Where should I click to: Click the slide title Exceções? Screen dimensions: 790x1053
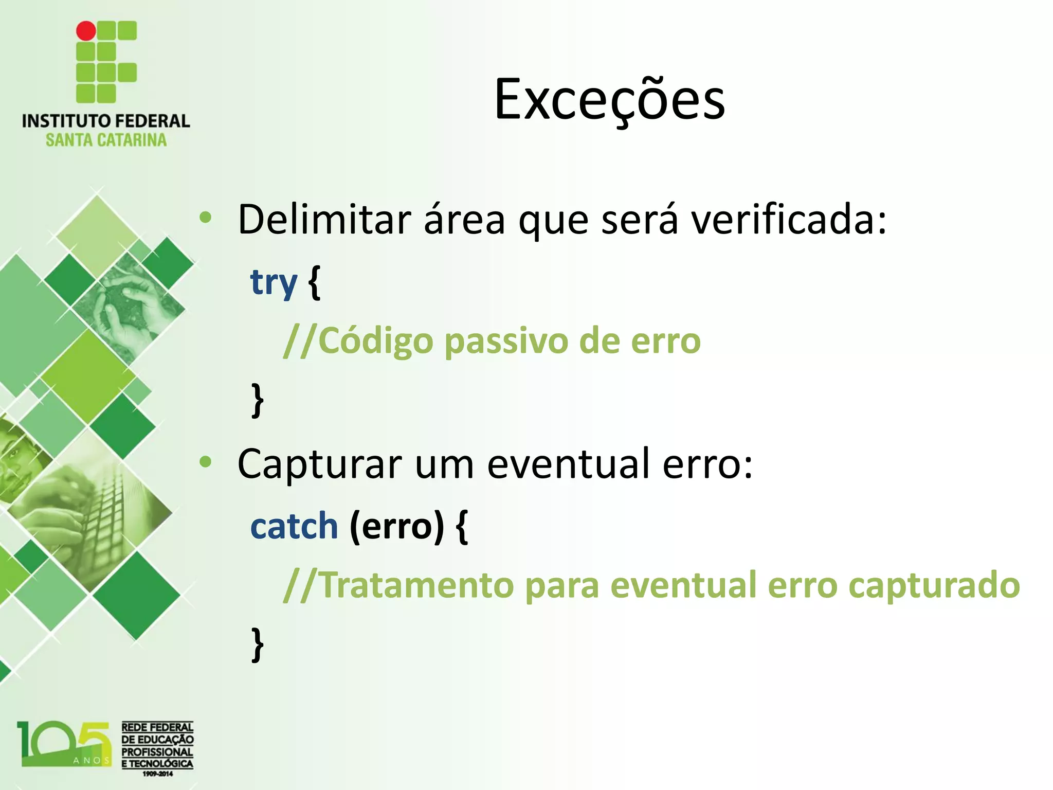click(609, 99)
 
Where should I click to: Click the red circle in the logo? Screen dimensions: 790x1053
click(86, 31)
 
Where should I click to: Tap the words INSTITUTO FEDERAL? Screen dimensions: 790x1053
click(105, 121)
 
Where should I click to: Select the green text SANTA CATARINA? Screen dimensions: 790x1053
click(106, 140)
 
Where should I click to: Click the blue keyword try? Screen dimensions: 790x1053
click(274, 282)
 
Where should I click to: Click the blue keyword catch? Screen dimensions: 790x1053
click(294, 526)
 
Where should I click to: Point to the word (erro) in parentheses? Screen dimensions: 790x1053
click(396, 526)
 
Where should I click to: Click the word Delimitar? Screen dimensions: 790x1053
click(324, 220)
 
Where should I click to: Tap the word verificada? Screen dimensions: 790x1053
click(788, 220)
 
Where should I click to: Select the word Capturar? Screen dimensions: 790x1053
click(319, 464)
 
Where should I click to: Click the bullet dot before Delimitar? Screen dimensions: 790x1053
click(206, 218)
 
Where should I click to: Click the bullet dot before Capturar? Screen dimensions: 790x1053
click(206, 462)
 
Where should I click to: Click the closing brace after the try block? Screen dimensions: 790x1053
click(258, 400)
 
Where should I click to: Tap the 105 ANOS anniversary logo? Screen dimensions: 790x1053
click(64, 744)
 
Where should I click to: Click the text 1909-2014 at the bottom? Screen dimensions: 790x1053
click(157, 774)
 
